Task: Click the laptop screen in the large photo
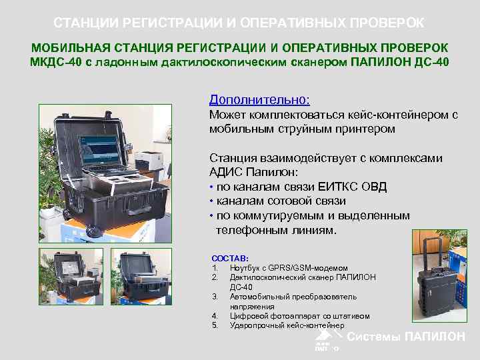99,151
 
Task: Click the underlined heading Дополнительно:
259,100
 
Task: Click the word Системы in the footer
375,337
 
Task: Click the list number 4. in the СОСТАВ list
215,316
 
